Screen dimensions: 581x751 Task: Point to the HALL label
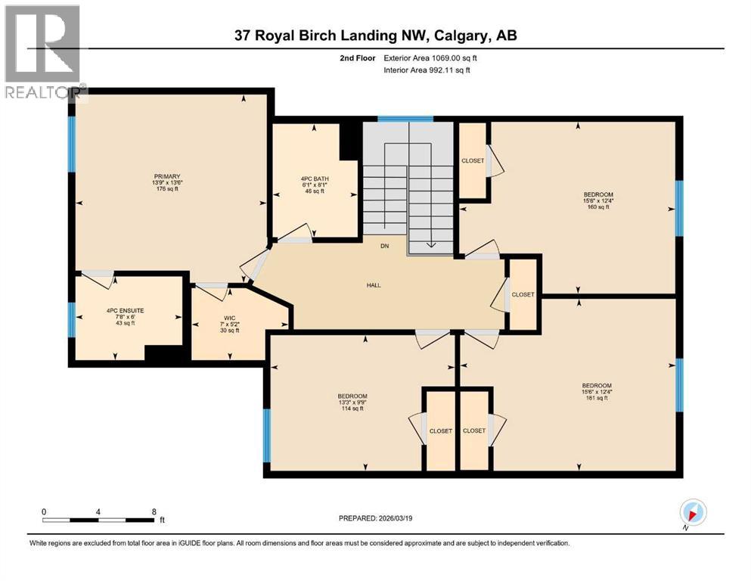(373, 285)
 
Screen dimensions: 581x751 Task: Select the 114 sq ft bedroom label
(352, 396)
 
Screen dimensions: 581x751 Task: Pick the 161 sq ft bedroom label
(597, 384)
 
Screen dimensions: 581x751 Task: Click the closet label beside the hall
(523, 294)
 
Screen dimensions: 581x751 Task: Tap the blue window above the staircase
(405, 119)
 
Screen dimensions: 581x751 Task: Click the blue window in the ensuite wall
(72, 318)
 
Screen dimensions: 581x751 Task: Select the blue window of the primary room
(72, 143)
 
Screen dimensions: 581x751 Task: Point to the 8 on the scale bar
(154, 511)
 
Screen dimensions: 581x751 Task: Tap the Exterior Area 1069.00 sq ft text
(430, 57)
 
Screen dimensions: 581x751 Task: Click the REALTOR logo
(42, 53)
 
